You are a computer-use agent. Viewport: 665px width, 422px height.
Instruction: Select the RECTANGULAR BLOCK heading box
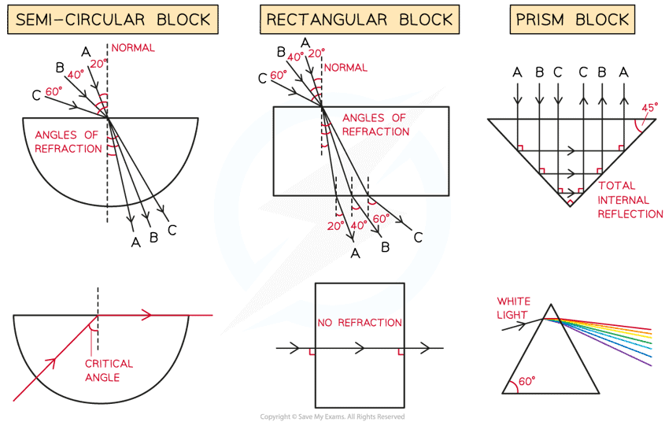coord(360,20)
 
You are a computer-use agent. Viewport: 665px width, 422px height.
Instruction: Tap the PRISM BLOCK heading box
coord(572,20)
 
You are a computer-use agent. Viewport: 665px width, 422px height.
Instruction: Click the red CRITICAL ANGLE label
coord(109,371)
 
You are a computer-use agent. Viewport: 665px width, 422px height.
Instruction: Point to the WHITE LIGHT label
coord(514,307)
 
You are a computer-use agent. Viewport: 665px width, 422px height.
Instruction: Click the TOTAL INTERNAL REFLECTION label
coord(630,200)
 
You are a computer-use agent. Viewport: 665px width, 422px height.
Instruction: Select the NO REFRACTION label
coord(360,322)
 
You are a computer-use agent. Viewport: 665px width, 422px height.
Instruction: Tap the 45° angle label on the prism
coord(650,107)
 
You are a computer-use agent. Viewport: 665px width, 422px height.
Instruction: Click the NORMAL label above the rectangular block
coord(346,68)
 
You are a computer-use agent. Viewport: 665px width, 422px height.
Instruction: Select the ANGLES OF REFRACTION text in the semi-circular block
coord(68,142)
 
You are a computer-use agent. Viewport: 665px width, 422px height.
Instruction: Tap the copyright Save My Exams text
coord(332,416)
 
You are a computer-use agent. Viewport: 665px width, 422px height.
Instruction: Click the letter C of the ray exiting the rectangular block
coord(418,237)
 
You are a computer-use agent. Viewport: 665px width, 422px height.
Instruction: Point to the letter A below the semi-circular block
coord(135,242)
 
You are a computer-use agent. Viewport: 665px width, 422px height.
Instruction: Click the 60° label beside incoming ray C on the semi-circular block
coord(54,92)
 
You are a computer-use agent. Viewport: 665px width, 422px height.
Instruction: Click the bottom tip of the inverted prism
coord(569,206)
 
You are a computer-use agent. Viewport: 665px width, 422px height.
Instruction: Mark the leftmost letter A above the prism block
coord(517,72)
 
